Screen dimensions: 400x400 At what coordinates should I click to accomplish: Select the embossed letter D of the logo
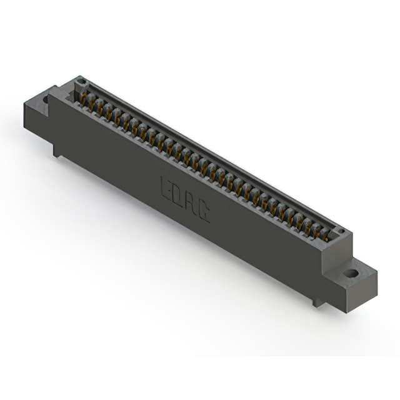point(179,196)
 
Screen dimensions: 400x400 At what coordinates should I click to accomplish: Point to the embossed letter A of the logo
point(192,204)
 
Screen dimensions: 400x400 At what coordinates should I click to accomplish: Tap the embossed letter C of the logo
point(204,214)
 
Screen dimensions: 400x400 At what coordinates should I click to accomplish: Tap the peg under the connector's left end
point(57,150)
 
